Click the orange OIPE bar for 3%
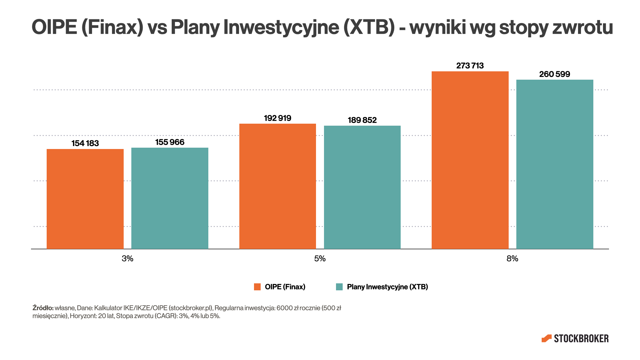tap(85, 199)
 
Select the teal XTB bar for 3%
tap(170, 198)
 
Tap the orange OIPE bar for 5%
tap(277, 186)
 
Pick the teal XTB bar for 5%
tap(362, 187)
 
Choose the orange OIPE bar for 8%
tap(470, 160)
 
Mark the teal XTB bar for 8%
tap(555, 164)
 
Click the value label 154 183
tap(85, 143)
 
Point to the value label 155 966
tap(170, 142)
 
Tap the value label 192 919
tap(277, 118)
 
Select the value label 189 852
tap(362, 120)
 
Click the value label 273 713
tap(470, 66)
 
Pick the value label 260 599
tap(555, 74)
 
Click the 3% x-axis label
tap(127, 259)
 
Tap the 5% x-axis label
tap(320, 259)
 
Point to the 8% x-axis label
tap(512, 259)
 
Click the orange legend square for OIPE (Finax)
tap(257, 287)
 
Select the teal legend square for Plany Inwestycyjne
tap(339, 287)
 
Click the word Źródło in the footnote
tap(43, 308)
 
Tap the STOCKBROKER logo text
tap(581, 339)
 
